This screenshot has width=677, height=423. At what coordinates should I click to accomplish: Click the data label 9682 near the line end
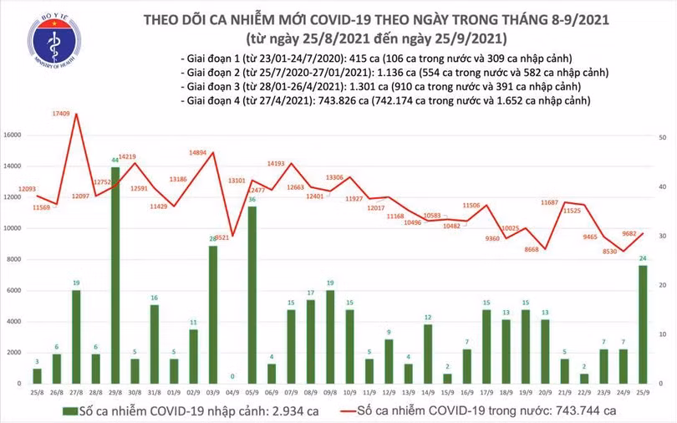pyautogui.click(x=631, y=223)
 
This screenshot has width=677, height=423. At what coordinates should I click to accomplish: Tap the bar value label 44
pyautogui.click(x=115, y=160)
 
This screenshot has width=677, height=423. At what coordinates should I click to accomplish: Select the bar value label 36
pyautogui.click(x=251, y=200)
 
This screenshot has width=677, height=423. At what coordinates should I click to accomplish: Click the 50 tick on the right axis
pyautogui.click(x=662, y=136)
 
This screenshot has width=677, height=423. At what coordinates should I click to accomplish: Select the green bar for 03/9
pyautogui.click(x=212, y=313)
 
